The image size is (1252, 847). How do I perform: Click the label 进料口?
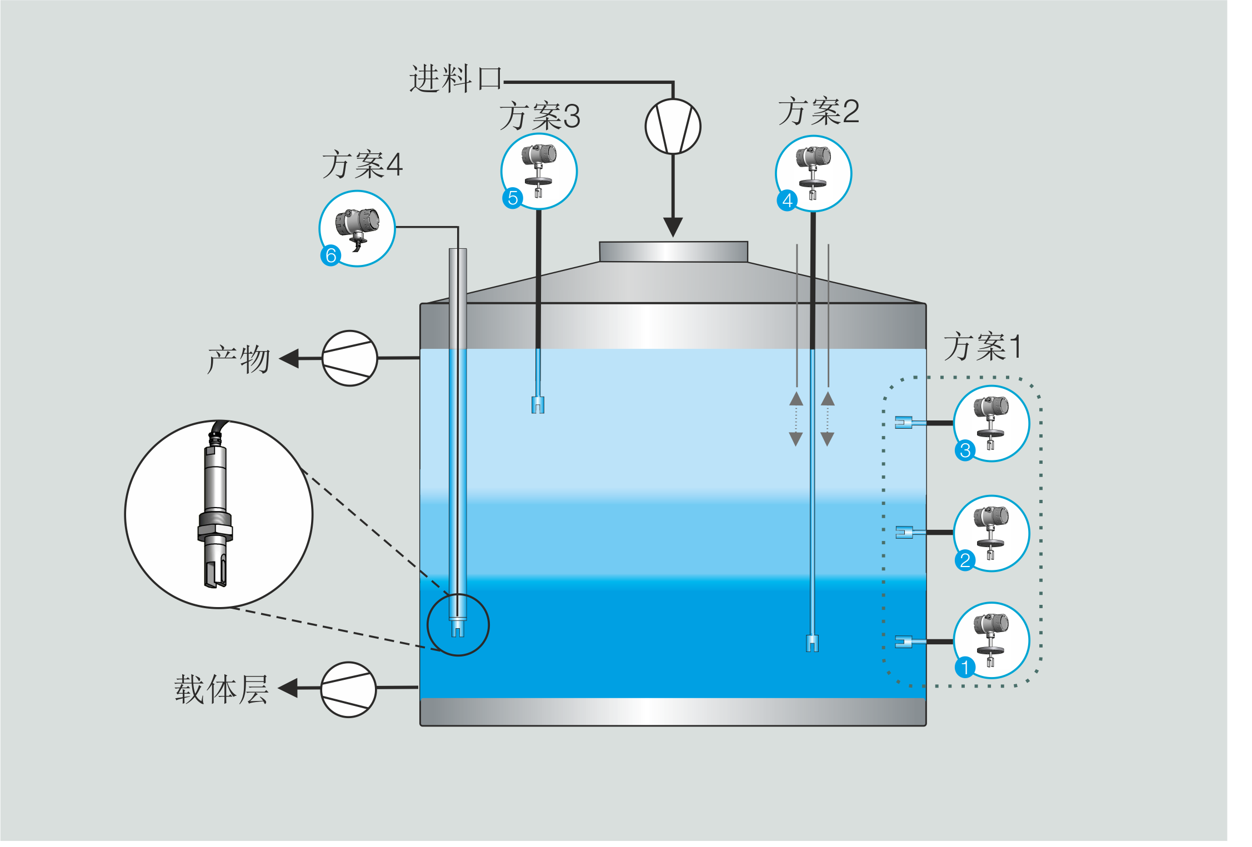455,79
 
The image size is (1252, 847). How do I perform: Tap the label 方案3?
539,117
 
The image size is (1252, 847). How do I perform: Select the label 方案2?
818,112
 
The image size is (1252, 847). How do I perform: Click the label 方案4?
362,165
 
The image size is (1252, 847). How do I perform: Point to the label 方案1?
982,347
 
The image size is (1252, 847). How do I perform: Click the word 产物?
239,359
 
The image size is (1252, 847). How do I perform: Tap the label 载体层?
222,690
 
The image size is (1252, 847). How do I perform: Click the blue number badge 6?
331,255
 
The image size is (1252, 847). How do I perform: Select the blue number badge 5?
513,198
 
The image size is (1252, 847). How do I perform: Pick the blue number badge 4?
787,201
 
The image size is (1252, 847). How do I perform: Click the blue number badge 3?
965,450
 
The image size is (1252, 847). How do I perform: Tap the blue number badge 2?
965,560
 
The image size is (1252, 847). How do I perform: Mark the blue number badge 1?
965,668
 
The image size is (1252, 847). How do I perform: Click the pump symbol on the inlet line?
673,127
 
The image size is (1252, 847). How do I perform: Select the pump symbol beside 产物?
350,358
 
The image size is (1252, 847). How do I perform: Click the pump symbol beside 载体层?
349,689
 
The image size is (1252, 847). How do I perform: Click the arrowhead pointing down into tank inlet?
673,227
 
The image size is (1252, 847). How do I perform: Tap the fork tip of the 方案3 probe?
538,405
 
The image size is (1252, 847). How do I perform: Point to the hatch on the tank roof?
673,252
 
